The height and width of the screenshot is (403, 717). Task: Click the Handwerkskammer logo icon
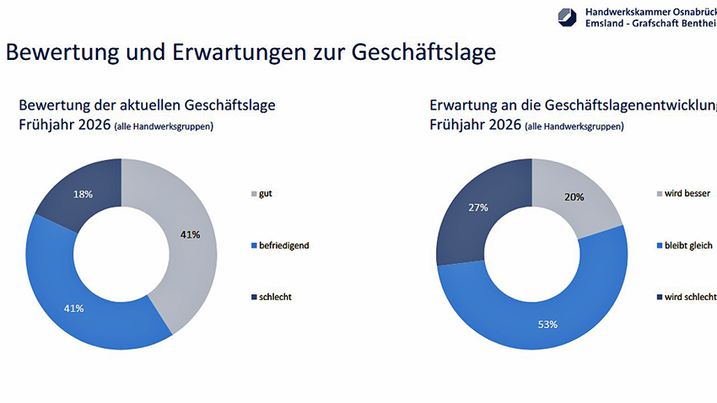tap(567, 17)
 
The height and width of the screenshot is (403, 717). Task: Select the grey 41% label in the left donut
tap(190, 234)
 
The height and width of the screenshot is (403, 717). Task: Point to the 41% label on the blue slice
tap(73, 308)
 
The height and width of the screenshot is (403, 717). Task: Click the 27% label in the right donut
tap(478, 207)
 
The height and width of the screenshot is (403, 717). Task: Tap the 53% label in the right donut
tap(547, 323)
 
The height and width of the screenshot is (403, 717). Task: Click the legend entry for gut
tap(267, 194)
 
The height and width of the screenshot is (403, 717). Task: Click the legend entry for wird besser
tap(685, 194)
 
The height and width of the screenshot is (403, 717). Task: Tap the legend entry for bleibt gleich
tap(686, 245)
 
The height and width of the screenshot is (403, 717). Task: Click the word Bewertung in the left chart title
tap(56, 106)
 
